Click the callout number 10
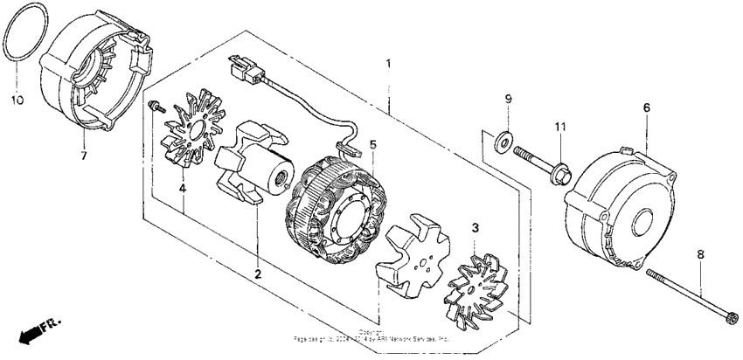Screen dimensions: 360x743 pyautogui.click(x=15, y=101)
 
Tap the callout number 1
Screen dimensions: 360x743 pyautogui.click(x=389, y=64)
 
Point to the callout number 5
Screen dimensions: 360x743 pyautogui.click(x=371, y=144)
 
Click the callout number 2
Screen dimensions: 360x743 pyautogui.click(x=258, y=273)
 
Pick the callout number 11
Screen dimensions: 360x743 pyautogui.click(x=560, y=128)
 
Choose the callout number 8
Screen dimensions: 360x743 pyautogui.click(x=700, y=254)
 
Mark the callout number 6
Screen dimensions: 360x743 pyautogui.click(x=646, y=107)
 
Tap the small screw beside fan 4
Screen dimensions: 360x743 pyautogui.click(x=156, y=107)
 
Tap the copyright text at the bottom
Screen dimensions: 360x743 pyautogui.click(x=371, y=336)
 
